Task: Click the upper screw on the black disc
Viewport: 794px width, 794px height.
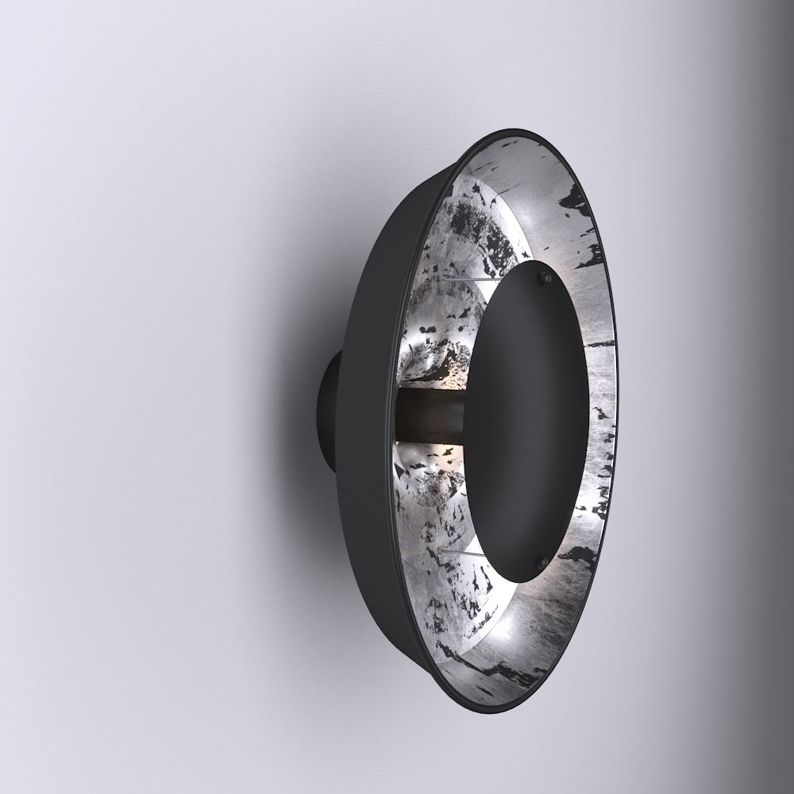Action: (x=544, y=277)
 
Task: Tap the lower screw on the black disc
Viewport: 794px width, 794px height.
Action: (x=542, y=562)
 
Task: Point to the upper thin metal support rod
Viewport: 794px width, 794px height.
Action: (x=468, y=279)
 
